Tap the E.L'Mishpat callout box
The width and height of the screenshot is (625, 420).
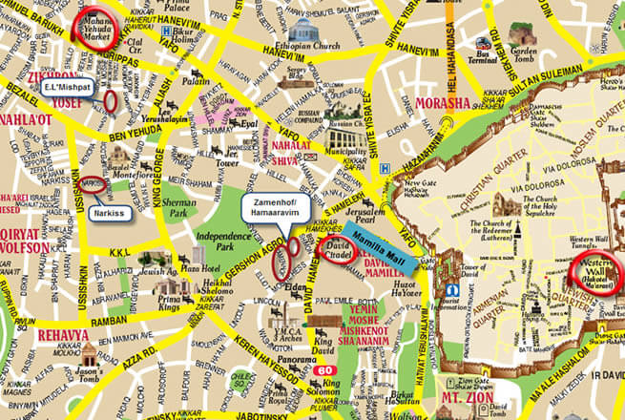coord(69,87)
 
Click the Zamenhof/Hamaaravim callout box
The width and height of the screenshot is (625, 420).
coord(277,210)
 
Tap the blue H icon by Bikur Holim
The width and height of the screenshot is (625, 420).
coord(166,31)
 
